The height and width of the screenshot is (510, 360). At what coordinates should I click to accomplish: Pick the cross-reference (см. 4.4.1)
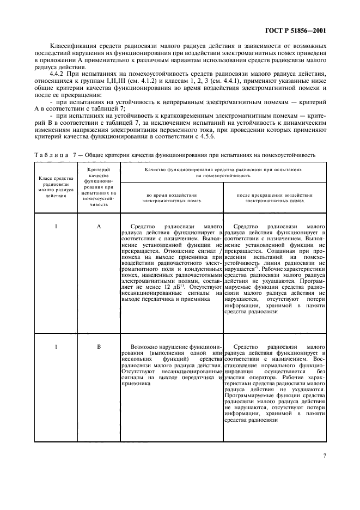pyautogui.click(x=219, y=81)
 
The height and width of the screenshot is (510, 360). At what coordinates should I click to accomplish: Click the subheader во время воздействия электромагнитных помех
pyautogui.click(x=171, y=197)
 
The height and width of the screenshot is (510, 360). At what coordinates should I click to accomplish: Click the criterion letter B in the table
pyautogui.click(x=99, y=346)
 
